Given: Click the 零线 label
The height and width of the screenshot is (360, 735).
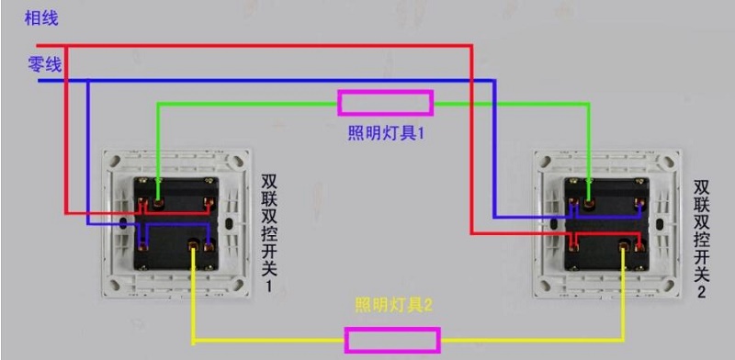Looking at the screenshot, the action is (x=44, y=64).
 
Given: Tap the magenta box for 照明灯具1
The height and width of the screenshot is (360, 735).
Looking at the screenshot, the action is (x=386, y=102).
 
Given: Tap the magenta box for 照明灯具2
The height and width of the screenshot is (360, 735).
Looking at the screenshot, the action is (x=392, y=340).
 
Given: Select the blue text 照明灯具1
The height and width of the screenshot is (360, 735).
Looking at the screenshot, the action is (x=385, y=133).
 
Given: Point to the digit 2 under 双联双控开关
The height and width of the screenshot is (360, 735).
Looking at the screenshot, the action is (x=701, y=293).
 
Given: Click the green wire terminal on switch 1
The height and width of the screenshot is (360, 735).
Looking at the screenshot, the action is (x=159, y=201).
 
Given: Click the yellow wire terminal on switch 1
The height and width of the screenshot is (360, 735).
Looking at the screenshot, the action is (x=193, y=244).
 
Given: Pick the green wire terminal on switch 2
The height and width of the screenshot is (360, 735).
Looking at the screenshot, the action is (x=588, y=201).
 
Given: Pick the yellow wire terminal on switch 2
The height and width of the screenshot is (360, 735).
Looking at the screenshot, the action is (x=625, y=245).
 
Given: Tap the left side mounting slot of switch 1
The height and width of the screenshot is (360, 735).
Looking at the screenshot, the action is (x=124, y=223).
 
